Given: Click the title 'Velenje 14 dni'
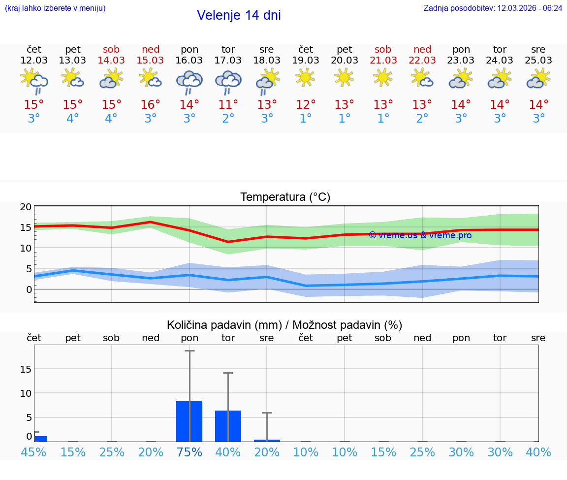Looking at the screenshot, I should click(239, 15).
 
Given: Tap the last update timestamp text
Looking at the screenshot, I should click(493, 8).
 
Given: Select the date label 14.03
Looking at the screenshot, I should click(111, 60).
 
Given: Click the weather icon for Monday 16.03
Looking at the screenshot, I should click(189, 81).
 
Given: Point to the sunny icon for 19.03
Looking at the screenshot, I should click(305, 77).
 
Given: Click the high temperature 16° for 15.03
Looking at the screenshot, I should click(150, 105).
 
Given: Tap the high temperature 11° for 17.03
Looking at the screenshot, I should click(228, 105).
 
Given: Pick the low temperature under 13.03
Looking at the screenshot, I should click(72, 119).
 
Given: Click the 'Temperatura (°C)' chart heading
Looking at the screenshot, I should click(285, 197).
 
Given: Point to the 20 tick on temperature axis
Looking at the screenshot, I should click(26, 207).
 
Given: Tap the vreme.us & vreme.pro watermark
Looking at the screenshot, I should click(420, 235).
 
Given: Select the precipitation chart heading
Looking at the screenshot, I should click(284, 325).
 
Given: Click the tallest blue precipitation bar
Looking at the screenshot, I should click(189, 421).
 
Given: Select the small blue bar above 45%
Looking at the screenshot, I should click(40, 439).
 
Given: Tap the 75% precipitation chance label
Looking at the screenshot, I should click(189, 452).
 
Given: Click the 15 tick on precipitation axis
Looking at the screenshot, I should click(26, 369).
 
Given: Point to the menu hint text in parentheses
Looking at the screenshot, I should click(55, 8).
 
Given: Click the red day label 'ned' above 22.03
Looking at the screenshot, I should click(422, 49).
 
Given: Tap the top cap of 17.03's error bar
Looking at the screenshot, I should click(228, 373).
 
